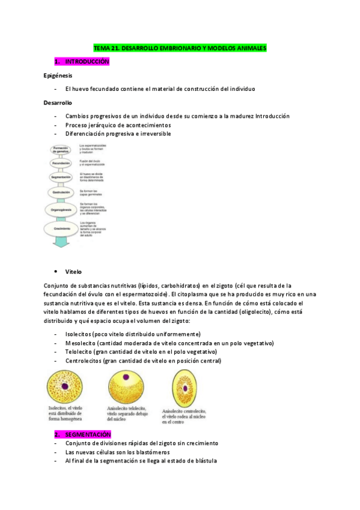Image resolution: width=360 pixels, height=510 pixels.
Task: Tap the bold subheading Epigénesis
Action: click(x=58, y=76)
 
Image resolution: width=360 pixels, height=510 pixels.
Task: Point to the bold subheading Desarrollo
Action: click(x=58, y=103)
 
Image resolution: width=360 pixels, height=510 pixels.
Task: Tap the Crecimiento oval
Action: click(x=61, y=229)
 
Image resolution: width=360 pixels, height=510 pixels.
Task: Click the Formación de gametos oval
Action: click(x=61, y=149)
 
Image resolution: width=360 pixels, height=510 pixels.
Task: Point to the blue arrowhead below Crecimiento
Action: click(x=61, y=243)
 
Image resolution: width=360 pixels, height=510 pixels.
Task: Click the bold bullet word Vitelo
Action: click(x=73, y=272)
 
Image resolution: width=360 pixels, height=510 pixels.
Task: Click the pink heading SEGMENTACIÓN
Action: click(x=88, y=434)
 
